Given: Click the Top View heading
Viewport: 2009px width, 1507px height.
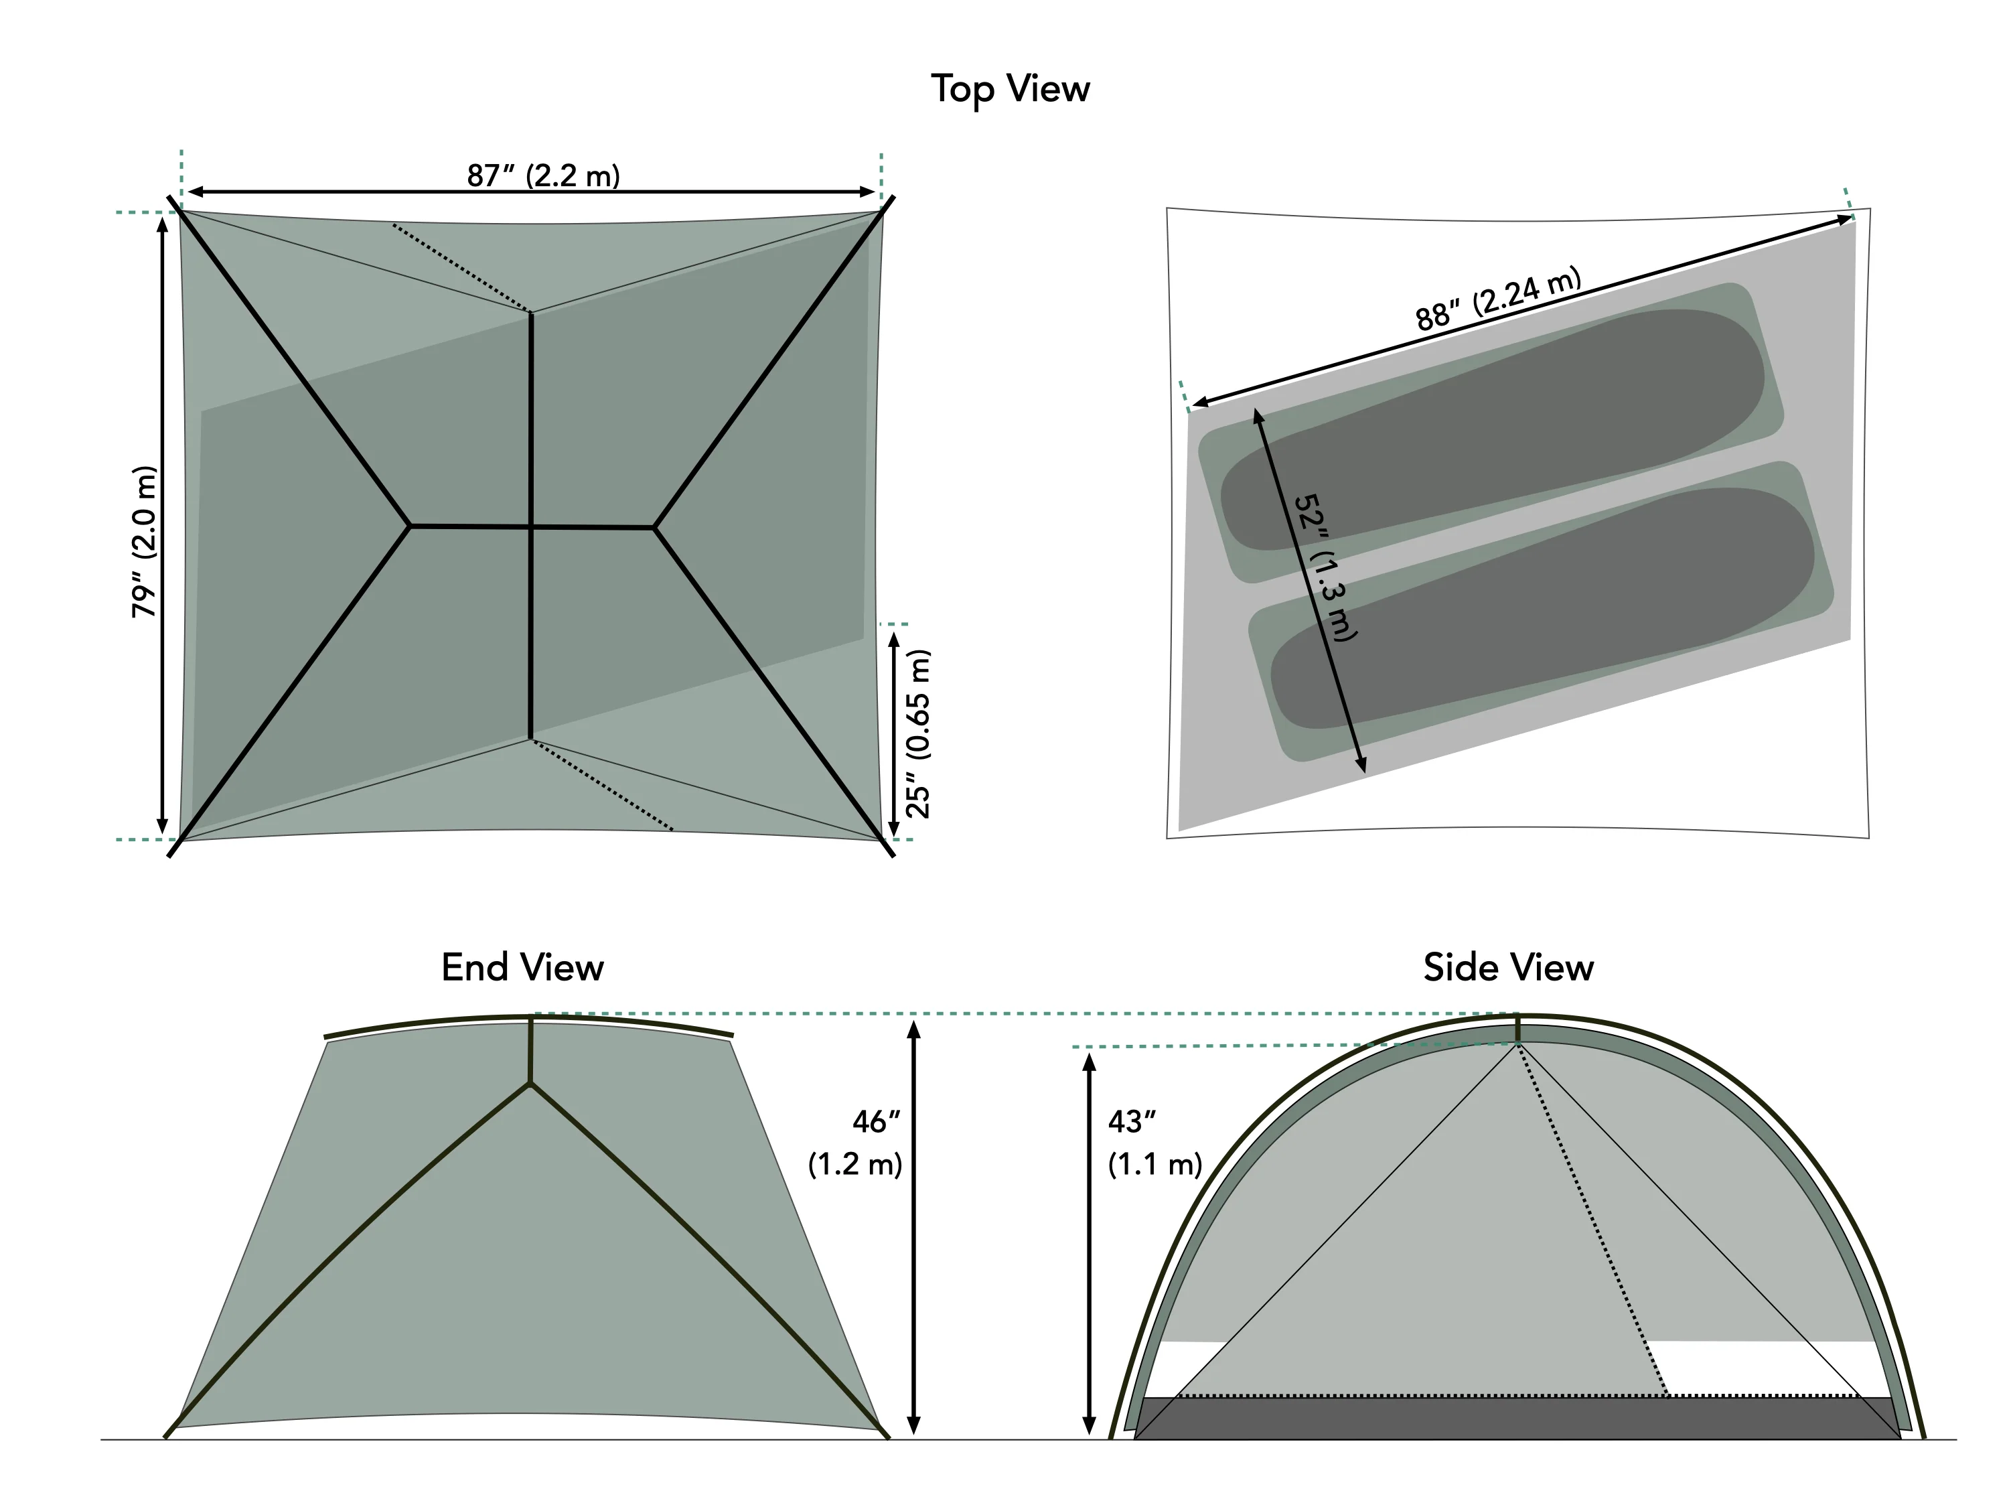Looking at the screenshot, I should (1010, 89).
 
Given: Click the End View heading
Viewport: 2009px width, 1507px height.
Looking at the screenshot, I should (522, 967).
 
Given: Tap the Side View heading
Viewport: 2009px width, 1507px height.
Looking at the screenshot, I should (1507, 967).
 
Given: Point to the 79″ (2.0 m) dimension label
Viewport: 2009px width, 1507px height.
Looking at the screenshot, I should (145, 543).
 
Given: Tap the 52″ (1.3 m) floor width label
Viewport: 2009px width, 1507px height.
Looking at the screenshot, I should (1324, 568).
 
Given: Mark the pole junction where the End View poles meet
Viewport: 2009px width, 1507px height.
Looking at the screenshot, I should (530, 1083).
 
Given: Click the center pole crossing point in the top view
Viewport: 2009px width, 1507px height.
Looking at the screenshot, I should (531, 526).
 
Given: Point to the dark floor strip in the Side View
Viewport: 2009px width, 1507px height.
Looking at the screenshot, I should (1517, 1418).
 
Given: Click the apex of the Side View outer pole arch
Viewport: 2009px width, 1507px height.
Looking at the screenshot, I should (1517, 1017).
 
